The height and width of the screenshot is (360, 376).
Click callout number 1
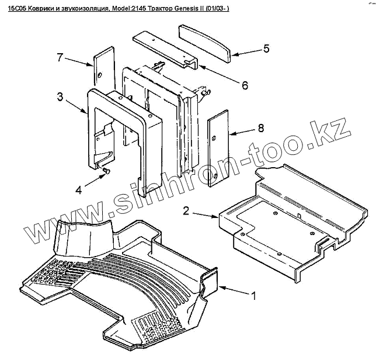(x=253, y=296)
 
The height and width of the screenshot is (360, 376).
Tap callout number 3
(x=60, y=97)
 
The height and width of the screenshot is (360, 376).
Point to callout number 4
(x=78, y=188)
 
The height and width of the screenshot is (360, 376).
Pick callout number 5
(x=266, y=49)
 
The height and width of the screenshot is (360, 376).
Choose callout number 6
(x=245, y=85)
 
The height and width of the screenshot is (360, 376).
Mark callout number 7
(x=59, y=57)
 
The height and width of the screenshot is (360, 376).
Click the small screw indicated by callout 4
(x=107, y=170)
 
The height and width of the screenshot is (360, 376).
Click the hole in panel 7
(x=100, y=75)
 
